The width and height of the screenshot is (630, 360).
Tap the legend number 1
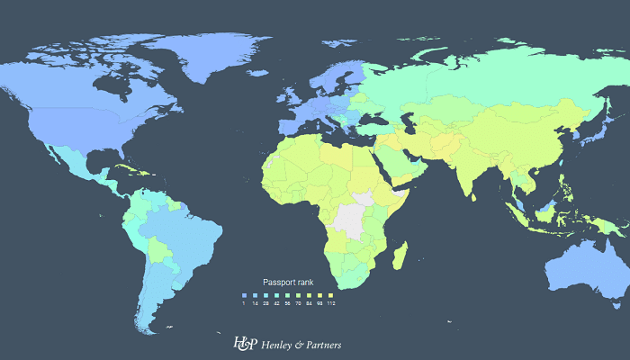pos(244,302)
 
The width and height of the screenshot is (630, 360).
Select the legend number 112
pos(331,302)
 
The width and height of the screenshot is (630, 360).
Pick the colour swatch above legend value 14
pos(256,294)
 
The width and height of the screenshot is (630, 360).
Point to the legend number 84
pos(310,302)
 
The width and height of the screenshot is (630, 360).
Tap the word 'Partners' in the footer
pos(322,344)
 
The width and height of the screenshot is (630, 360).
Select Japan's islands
pos(589,135)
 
